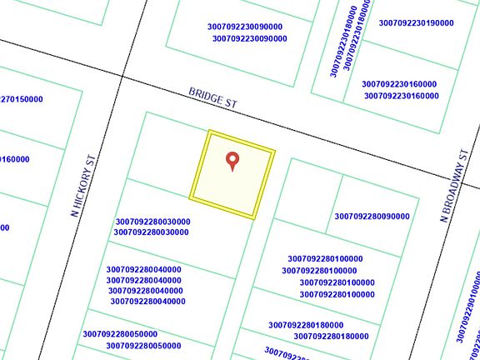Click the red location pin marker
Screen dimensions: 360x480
click(x=232, y=160)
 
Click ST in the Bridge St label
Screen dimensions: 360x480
click(x=232, y=103)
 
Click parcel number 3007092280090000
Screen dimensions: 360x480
click(x=372, y=217)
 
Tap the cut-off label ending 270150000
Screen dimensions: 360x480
click(x=21, y=99)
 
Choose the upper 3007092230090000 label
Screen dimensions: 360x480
click(x=245, y=27)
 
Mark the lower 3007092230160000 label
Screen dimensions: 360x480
click(x=401, y=96)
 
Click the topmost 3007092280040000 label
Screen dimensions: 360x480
click(x=144, y=269)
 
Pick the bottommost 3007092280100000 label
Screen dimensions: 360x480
click(x=337, y=294)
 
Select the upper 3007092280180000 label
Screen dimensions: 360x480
click(x=306, y=325)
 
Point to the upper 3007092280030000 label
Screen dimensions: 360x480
click(x=152, y=222)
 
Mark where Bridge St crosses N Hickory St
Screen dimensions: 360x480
click(x=123, y=77)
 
